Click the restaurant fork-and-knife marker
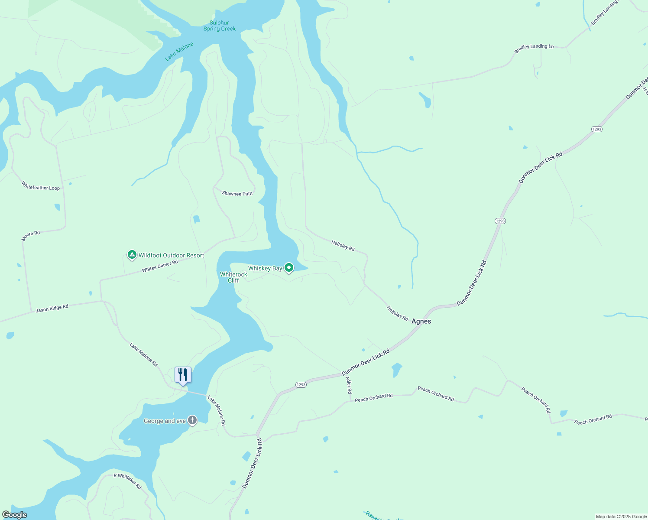tap(183, 375)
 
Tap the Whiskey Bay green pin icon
tap(289, 268)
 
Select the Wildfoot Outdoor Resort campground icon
tap(132, 255)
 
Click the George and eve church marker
tap(192, 420)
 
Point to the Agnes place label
tap(421, 321)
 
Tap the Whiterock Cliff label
tap(233, 277)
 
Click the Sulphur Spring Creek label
tap(220, 26)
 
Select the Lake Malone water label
tap(179, 52)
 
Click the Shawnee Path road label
tap(237, 193)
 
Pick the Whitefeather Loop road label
tap(41, 186)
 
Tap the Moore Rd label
tap(31, 236)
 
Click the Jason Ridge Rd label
tap(52, 309)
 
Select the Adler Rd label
tap(349, 385)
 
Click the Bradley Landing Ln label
tap(534, 49)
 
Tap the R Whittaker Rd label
tap(128, 481)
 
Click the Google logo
tap(15, 515)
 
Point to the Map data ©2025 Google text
tap(621, 517)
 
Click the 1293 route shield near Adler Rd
tap(301, 385)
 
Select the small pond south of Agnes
tap(396, 370)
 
